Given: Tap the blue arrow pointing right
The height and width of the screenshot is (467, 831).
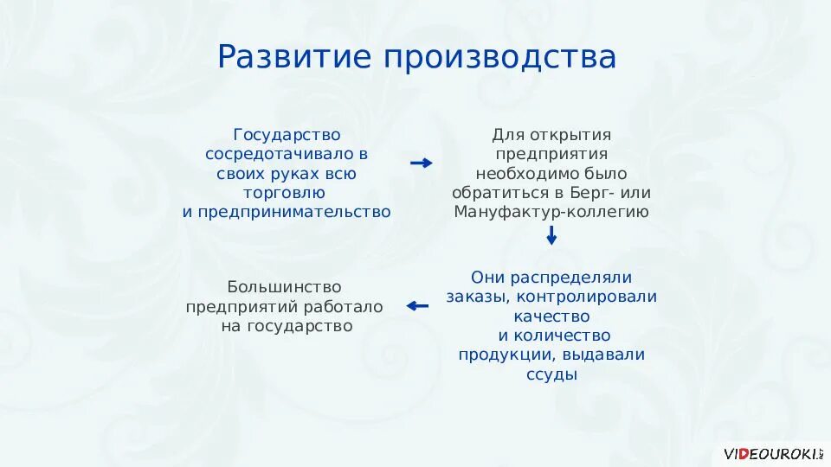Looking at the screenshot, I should [x=421, y=163].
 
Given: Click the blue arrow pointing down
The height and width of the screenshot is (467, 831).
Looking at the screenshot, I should [x=551, y=235].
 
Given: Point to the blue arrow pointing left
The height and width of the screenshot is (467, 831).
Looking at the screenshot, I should [x=418, y=305].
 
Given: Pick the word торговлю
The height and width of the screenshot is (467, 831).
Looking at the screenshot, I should [x=287, y=192].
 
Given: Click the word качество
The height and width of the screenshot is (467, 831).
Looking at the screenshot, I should [x=551, y=316].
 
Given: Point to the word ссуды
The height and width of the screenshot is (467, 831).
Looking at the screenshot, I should [x=551, y=374].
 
